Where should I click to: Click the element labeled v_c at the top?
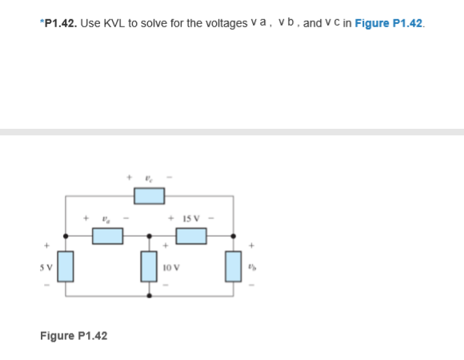[149, 194]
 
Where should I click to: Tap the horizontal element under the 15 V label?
[191, 235]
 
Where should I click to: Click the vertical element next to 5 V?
[66, 266]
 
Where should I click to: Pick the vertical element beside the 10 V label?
[150, 266]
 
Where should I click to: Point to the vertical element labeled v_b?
[233, 266]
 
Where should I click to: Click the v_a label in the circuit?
[106, 218]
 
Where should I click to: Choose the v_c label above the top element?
[148, 178]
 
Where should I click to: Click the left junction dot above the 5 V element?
[66, 235]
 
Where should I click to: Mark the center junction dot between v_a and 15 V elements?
[150, 235]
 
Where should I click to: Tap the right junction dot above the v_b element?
[233, 235]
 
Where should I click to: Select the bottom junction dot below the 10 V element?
[150, 295]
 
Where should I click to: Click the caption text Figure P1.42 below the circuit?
[74, 335]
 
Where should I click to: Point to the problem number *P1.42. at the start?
[58, 23]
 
